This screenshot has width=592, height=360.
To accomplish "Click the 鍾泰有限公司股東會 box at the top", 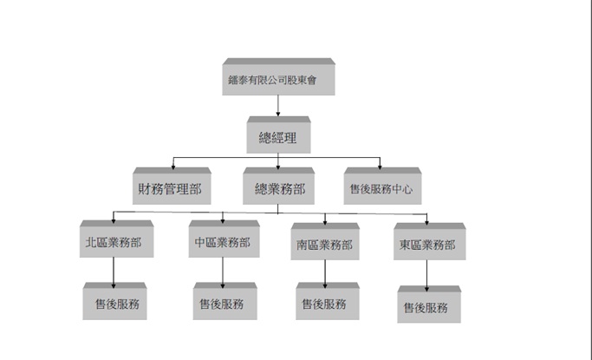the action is pyautogui.click(x=278, y=76).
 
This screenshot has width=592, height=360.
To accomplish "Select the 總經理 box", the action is pyautogui.click(x=278, y=134).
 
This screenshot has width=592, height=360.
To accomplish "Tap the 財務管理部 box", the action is pyautogui.click(x=172, y=186).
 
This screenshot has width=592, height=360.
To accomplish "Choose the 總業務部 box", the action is pyautogui.click(x=278, y=186).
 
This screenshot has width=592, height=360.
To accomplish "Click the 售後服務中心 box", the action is pyautogui.click(x=382, y=186).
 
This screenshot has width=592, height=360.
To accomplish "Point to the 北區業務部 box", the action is pyautogui.click(x=117, y=239).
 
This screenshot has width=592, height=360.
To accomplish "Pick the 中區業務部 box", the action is pyautogui.click(x=224, y=239).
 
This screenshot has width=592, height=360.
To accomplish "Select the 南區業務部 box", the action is pyautogui.click(x=325, y=241).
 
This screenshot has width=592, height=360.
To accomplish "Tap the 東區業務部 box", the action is pyautogui.click(x=430, y=241).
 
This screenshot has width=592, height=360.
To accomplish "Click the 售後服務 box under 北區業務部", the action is pyautogui.click(x=114, y=301).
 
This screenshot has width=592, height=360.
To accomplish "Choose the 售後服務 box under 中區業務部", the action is pyautogui.click(x=225, y=301).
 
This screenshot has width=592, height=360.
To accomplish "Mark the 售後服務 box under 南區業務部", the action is pyautogui.click(x=328, y=301).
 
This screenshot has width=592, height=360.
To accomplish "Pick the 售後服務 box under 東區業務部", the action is pyautogui.click(x=429, y=304).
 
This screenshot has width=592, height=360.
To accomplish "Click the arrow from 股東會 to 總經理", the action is pyautogui.click(x=278, y=106).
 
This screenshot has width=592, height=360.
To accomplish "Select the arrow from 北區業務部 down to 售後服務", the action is pyautogui.click(x=114, y=272).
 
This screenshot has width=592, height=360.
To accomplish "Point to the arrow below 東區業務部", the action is pyautogui.click(x=427, y=276).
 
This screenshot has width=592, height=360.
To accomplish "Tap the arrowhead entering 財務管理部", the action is pyautogui.click(x=173, y=167).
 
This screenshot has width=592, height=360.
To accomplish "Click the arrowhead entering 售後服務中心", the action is pyautogui.click(x=380, y=167).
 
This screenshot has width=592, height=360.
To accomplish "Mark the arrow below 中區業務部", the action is pyautogui.click(x=223, y=272).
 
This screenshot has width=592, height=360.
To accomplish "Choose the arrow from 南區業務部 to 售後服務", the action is pyautogui.click(x=325, y=274).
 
